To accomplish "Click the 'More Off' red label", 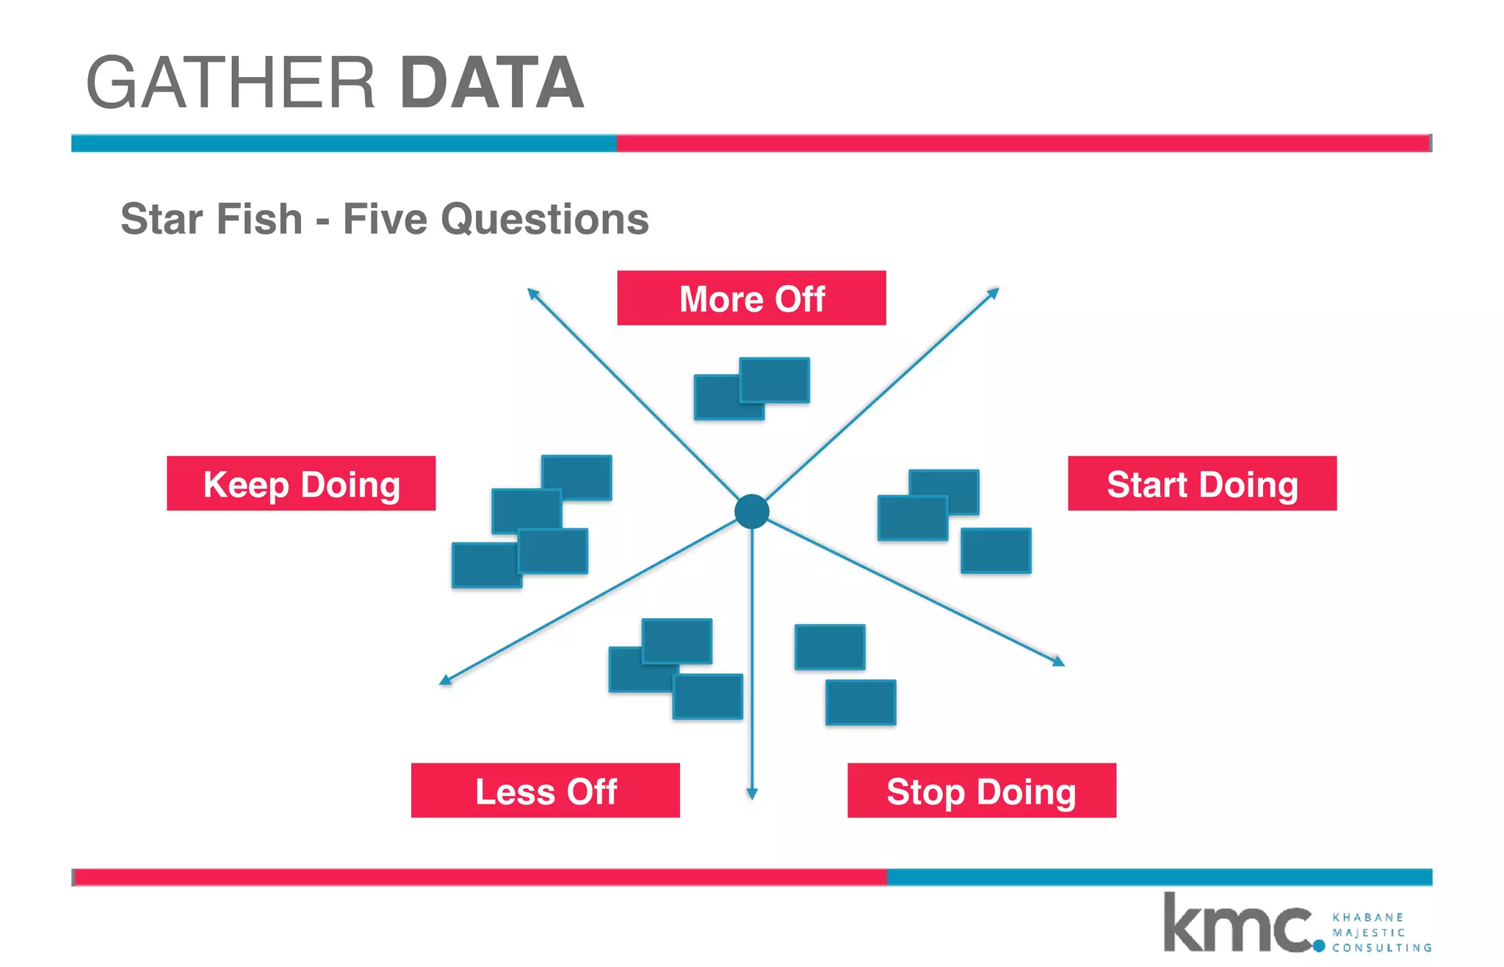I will pos(751,298).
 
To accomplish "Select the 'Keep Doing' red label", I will pos(301,483).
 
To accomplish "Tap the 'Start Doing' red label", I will pos(1202,483).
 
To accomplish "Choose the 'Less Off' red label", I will pos(545,791).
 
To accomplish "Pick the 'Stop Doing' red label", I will pos(982,791).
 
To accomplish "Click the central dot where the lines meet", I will pos(751,511).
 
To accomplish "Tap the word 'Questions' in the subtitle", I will pos(545,219).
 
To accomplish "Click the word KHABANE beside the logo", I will pos(1367,917).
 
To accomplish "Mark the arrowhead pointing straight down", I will pos(751,794).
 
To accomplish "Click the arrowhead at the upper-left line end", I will pos(533,294).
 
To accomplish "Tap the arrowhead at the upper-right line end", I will pos(993,293).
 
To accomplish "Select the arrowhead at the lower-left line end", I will pos(445,680).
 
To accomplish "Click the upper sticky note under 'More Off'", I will pos(774,380).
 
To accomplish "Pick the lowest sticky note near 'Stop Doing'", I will pos(860,702).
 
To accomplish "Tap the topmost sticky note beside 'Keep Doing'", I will pos(576,477).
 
